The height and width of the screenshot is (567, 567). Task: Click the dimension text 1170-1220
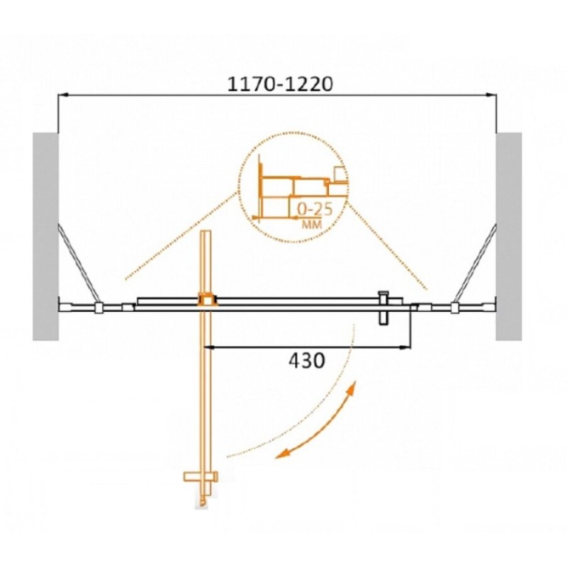[x=279, y=84]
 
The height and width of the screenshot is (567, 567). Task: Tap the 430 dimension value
[x=307, y=360]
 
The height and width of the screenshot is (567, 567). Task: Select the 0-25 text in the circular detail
[x=315, y=210]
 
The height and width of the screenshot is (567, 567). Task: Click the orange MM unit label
[x=311, y=225]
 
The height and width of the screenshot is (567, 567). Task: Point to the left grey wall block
[x=45, y=237]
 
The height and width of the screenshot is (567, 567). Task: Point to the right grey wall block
[x=508, y=237]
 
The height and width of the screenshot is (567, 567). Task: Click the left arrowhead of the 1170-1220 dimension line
[x=63, y=95]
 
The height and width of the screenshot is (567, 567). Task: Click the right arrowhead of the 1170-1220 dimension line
[x=491, y=95]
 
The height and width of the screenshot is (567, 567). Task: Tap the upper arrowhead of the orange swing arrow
[x=352, y=387]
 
